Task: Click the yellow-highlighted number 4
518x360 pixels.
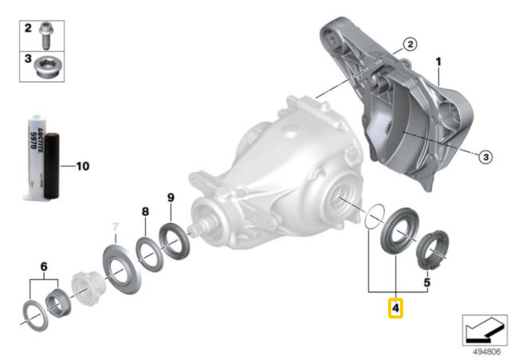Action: coord(395,307)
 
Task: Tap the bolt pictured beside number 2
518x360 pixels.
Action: coord(46,36)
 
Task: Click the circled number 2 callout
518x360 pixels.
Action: coord(410,44)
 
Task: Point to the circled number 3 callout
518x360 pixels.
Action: coord(485,157)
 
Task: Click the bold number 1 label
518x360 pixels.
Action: coord(438,62)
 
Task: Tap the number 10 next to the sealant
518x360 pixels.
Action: coord(83,166)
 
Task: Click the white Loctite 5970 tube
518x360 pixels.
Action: coord(35,157)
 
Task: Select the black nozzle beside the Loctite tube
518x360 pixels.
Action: coord(52,166)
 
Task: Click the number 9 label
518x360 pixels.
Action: coord(171,198)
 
